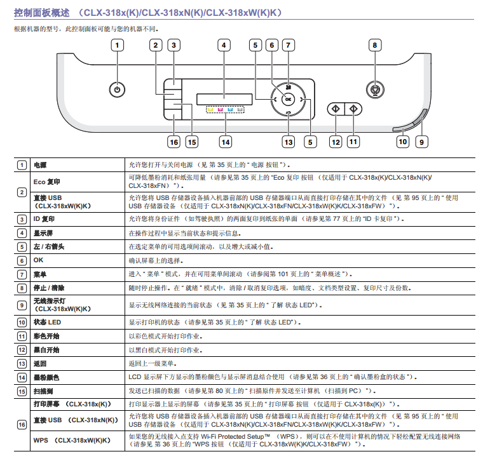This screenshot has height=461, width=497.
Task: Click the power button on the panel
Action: click(118, 90)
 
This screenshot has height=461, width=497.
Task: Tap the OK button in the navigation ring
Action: click(288, 100)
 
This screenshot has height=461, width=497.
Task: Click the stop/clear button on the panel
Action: click(375, 90)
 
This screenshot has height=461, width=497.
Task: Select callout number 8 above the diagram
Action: click(375, 45)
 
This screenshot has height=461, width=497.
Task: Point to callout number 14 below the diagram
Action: click(226, 142)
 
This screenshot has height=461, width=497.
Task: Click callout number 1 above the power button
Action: click(118, 45)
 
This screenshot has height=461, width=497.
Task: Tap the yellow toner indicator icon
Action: click(211, 110)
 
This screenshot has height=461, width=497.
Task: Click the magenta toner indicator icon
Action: click(221, 110)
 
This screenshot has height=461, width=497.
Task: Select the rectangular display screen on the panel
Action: click(224, 99)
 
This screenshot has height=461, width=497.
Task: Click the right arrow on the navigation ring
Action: click(301, 100)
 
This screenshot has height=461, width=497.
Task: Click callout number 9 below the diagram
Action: click(421, 142)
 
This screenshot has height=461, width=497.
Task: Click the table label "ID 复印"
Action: click(44, 219)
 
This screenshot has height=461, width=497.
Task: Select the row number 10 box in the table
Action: click(22, 323)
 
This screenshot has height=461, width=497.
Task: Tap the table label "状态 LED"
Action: click(47, 323)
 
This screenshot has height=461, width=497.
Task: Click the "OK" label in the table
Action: click(38, 260)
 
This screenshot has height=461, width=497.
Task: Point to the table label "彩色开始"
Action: click(46, 337)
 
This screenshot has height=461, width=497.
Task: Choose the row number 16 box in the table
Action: click(22, 425)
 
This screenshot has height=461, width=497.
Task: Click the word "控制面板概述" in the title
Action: click(41, 13)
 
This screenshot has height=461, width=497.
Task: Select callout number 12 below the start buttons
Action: click(336, 142)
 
